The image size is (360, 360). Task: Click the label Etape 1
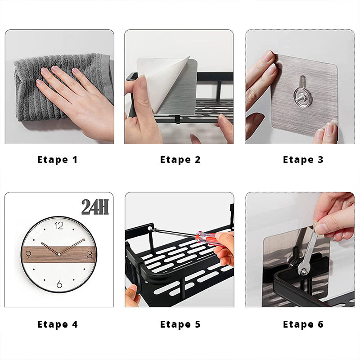pyautogui.click(x=58, y=160)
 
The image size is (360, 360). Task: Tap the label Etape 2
pyautogui.click(x=180, y=160)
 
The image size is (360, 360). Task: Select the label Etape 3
pyautogui.click(x=303, y=160)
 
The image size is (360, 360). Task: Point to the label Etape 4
pyautogui.click(x=58, y=324)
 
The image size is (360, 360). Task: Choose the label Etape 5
pyautogui.click(x=180, y=324)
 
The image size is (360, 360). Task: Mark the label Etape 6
pyautogui.click(x=303, y=324)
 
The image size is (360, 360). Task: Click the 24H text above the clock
pyautogui.click(x=95, y=207)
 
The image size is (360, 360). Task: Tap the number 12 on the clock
pyautogui.click(x=59, y=226)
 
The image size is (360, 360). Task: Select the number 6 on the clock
pyautogui.click(x=59, y=284)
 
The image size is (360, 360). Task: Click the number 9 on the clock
pyautogui.click(x=28, y=254)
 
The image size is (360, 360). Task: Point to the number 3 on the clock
pyautogui.click(x=90, y=254)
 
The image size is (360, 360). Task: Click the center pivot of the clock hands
pyautogui.click(x=59, y=254)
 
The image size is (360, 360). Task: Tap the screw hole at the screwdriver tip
pyautogui.click(x=150, y=228)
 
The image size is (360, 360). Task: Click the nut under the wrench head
pyautogui.click(x=303, y=271)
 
